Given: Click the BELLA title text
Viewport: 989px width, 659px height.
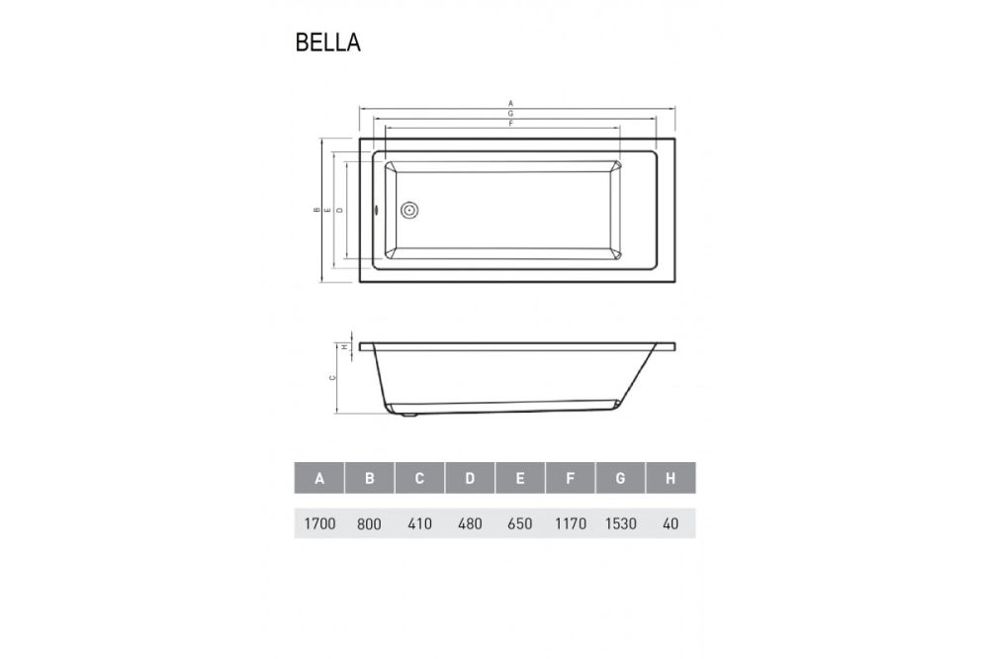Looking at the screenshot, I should point(327,43).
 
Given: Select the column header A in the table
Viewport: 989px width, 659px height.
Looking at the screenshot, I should point(319,479).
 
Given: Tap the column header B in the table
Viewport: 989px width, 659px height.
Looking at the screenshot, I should point(370,479).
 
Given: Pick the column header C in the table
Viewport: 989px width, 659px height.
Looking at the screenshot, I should point(419,479).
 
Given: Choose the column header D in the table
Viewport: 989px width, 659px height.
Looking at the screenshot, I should point(470,479).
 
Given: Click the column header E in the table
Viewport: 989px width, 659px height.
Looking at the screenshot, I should point(520,479).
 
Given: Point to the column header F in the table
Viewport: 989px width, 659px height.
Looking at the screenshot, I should point(571,479).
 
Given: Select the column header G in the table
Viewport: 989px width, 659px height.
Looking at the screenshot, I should point(620,479).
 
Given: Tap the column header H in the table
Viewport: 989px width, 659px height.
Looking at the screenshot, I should point(671,479).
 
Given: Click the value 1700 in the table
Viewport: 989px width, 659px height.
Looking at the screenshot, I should point(319,523).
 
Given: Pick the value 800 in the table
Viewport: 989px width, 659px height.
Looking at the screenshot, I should point(370,523).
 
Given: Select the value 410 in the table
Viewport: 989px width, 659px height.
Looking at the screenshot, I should point(419,523).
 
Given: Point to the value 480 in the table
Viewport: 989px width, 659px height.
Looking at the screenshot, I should point(470,523).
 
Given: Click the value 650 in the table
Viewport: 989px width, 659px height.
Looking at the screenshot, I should point(520,523).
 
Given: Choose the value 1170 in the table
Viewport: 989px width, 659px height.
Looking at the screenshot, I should point(571,523).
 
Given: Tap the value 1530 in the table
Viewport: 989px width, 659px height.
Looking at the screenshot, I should point(620,523).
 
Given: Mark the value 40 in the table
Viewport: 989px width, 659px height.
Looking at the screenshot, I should point(671,523).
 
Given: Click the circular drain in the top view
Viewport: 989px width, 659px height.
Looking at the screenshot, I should point(410,210).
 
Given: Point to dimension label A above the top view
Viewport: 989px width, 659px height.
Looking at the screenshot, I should point(510,102).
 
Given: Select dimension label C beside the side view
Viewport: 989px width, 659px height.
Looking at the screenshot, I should point(332,378).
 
